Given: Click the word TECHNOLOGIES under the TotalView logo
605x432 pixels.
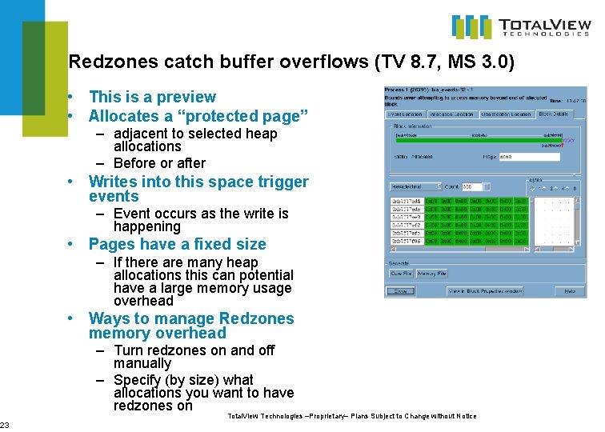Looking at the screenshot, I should tap(544, 34).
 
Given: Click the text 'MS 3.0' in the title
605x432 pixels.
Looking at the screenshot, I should tap(479, 62).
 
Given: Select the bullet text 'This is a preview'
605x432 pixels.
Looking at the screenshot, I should tap(152, 97).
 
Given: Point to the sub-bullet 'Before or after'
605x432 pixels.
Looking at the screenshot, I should tap(159, 163).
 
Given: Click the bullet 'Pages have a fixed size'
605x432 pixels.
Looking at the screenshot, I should tap(177, 245).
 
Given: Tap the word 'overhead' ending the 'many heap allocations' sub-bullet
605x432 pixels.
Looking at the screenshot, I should tap(143, 302).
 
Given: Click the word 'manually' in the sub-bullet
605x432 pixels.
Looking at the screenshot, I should tap(142, 363).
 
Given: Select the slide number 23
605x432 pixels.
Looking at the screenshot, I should tap(5, 425).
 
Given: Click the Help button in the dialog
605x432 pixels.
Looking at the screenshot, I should tap(570, 291).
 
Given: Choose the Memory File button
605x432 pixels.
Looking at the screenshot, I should tap(432, 274).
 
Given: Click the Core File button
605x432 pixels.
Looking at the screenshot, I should tap(401, 274).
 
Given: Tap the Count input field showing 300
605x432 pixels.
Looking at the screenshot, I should tap(473, 186).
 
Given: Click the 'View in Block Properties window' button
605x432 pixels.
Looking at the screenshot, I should tap(485, 291).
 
